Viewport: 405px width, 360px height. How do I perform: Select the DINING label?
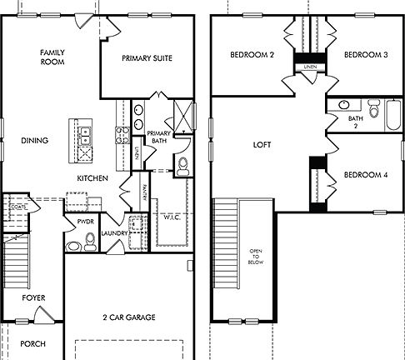34,140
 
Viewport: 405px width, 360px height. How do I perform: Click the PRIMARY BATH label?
159,137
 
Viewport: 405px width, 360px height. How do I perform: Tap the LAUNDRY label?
114,233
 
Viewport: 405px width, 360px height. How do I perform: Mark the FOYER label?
34,297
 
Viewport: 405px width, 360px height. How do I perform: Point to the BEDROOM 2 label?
252,55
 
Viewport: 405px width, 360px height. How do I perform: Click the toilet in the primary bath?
183,167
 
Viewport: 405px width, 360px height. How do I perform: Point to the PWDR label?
85,223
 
